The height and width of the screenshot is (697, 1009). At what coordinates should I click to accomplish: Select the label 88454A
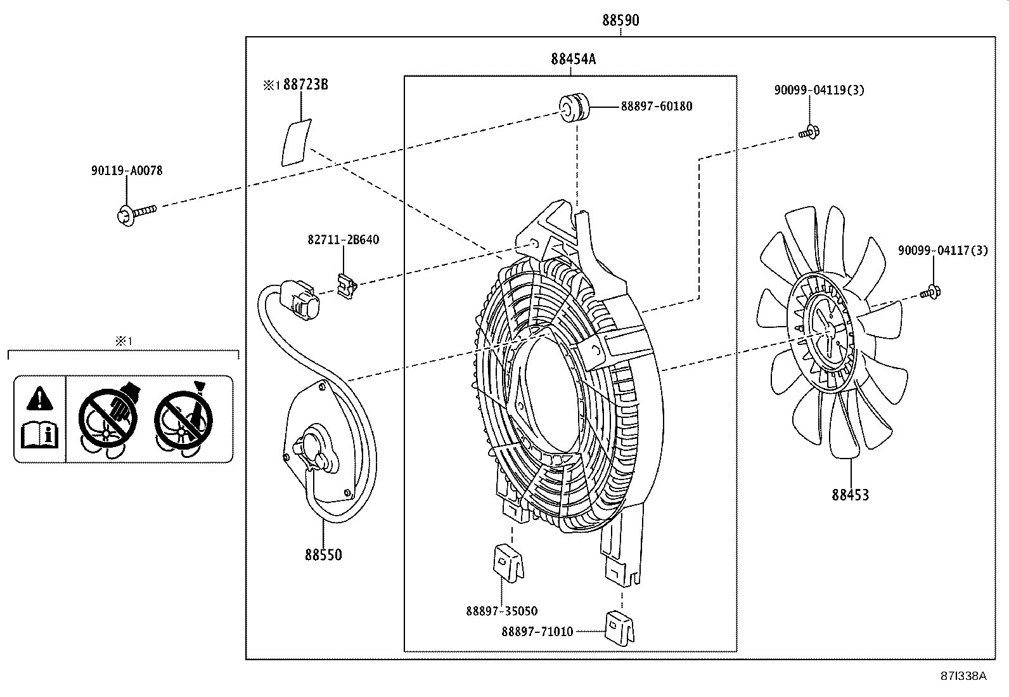click(573, 60)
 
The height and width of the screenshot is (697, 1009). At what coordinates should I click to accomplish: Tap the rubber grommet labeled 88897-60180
click(574, 107)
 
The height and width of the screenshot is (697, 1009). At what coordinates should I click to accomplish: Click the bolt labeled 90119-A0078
click(136, 212)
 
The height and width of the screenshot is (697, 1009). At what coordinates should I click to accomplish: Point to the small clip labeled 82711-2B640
click(347, 286)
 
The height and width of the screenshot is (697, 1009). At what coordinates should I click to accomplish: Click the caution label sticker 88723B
click(295, 142)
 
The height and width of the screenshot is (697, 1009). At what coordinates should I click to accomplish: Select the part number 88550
click(323, 555)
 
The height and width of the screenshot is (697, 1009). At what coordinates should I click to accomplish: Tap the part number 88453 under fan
click(850, 495)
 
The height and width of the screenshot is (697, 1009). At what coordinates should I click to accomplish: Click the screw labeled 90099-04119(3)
click(808, 133)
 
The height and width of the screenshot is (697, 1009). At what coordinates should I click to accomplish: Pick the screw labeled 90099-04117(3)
click(930, 292)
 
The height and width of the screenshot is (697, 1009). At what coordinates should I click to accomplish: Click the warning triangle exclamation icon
click(39, 398)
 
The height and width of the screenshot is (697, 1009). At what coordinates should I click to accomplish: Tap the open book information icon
click(39, 435)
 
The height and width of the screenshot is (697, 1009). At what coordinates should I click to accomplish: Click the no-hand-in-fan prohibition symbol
click(107, 419)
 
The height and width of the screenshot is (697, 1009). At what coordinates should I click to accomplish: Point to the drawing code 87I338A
click(963, 675)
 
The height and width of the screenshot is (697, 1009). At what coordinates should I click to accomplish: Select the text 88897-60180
click(656, 107)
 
